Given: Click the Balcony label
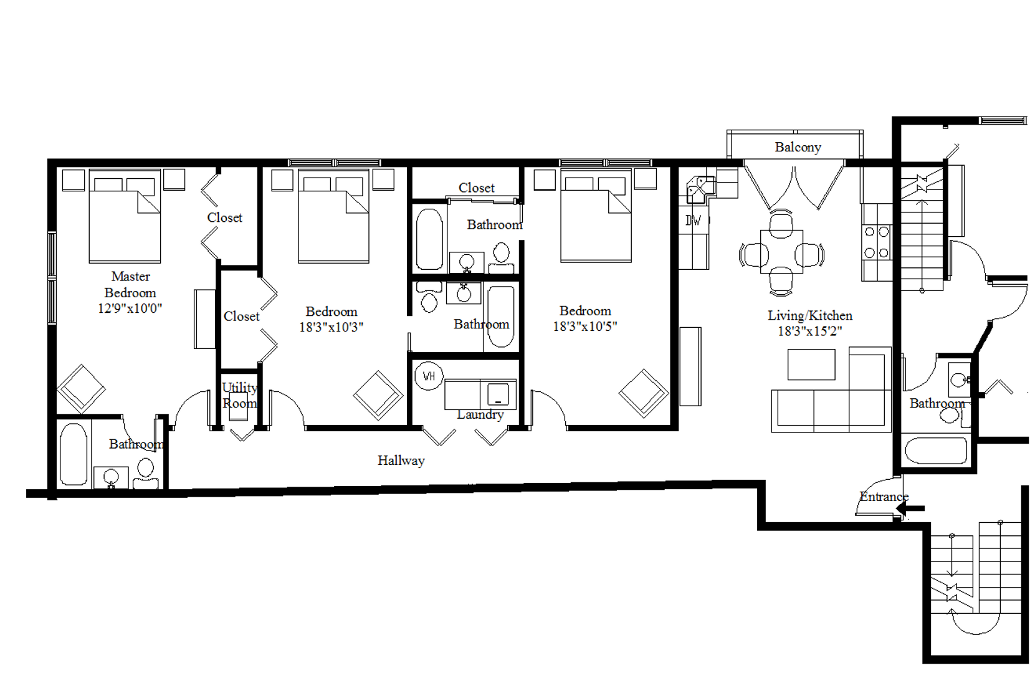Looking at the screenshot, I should (798, 147).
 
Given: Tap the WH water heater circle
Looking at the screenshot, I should (429, 376).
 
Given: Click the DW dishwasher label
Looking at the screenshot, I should (693, 220).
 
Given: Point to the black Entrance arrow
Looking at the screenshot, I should (910, 509).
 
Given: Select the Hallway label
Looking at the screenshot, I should (401, 461).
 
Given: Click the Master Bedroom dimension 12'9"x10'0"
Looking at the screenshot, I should (130, 308).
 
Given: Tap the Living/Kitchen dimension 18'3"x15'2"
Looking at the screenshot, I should (809, 331).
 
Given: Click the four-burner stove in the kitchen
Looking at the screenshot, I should (876, 242).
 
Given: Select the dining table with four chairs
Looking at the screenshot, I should (781, 253).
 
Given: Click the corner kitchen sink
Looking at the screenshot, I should (699, 188).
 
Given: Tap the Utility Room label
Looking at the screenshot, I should (240, 395).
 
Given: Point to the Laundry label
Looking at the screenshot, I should (480, 414).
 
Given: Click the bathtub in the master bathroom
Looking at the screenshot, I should (74, 454).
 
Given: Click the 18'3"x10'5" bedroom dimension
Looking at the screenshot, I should (584, 326).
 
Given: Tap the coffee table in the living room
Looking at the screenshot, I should (811, 365).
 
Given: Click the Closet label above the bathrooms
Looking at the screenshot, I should (476, 188).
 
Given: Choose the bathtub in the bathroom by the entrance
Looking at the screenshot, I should (935, 451).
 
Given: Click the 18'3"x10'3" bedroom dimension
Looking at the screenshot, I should (331, 327).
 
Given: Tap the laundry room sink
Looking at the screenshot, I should (498, 394).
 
